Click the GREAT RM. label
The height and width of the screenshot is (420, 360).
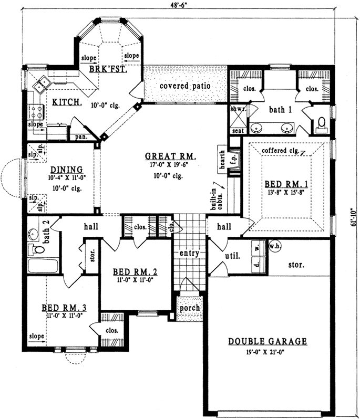[x=170, y=156]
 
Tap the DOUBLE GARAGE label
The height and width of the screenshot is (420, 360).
[x=268, y=342]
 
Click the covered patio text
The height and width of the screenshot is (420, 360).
[x=185, y=86]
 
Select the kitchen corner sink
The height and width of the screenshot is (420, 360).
[x=40, y=83]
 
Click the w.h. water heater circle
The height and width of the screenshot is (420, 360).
[x=274, y=246]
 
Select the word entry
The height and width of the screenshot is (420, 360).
[x=188, y=254]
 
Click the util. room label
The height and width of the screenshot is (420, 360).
[x=233, y=257]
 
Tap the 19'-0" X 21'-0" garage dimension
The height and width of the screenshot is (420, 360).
[x=268, y=352]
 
